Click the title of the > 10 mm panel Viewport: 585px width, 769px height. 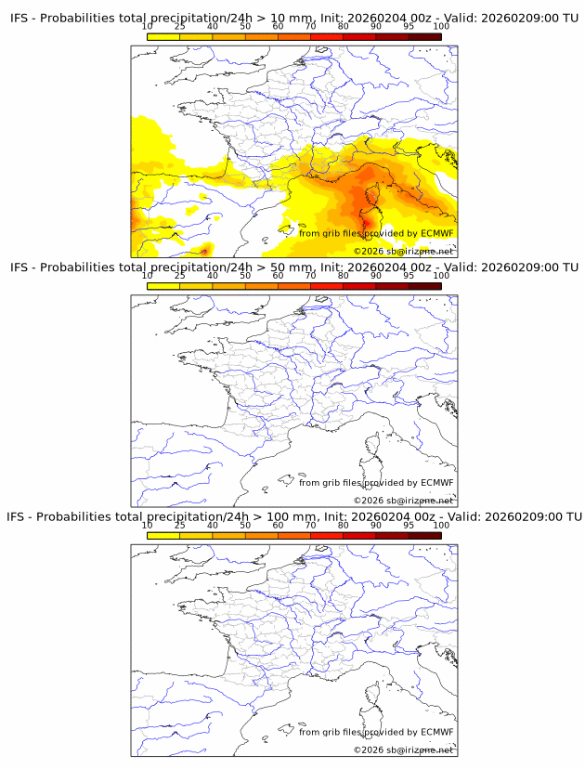(293, 19)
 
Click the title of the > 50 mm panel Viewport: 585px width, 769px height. (293, 267)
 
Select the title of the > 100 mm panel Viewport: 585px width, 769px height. (293, 516)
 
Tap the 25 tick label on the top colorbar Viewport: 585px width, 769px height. (179, 27)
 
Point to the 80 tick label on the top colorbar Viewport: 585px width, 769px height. (343, 27)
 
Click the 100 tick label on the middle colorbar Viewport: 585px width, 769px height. (440, 276)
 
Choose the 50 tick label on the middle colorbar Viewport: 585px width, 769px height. (245, 276)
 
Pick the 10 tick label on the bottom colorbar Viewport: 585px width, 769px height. (147, 525)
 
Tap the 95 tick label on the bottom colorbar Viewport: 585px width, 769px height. (408, 525)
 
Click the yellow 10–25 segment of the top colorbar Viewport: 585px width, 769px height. (163, 36)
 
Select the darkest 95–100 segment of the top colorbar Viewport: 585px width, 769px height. (424, 36)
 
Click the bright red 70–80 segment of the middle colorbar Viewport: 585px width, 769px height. (326, 285)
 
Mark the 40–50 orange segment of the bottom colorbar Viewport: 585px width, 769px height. (228, 534)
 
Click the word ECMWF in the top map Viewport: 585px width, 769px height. (436, 233)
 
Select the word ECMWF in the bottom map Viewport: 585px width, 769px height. (436, 732)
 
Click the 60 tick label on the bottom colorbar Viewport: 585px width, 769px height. (278, 525)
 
